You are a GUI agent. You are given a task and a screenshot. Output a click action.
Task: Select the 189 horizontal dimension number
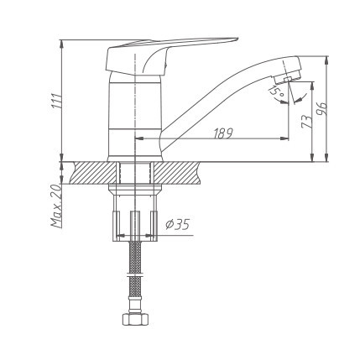click(x=223, y=133)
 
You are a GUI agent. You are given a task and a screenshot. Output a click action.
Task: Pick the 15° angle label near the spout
click(x=273, y=90)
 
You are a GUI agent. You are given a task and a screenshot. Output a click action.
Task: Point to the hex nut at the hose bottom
click(x=133, y=319)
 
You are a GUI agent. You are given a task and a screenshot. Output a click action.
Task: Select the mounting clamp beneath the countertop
click(x=133, y=222)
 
